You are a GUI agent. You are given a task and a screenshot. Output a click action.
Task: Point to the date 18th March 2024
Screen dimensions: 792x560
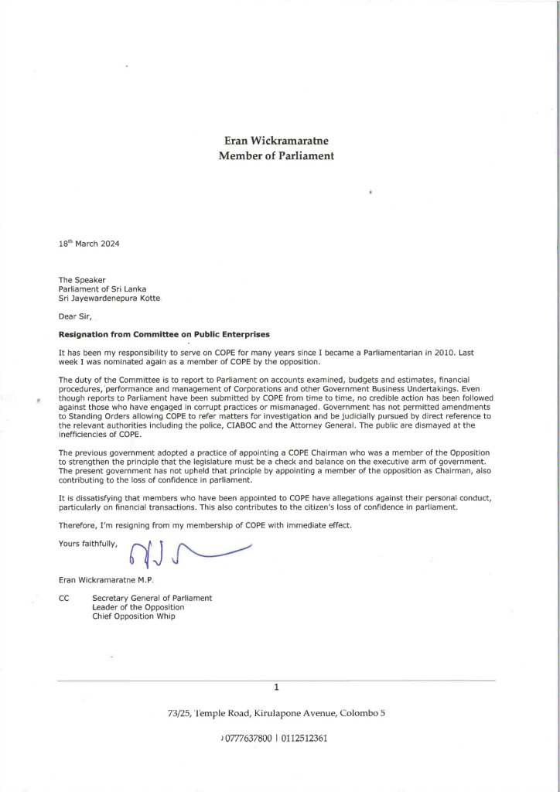coord(89,244)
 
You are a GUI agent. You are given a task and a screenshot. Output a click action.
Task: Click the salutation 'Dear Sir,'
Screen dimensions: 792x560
coord(77,316)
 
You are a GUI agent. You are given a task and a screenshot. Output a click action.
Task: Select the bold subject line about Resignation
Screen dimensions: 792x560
coord(165,334)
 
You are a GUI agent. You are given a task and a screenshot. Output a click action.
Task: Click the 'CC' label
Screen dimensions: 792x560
coord(64,598)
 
